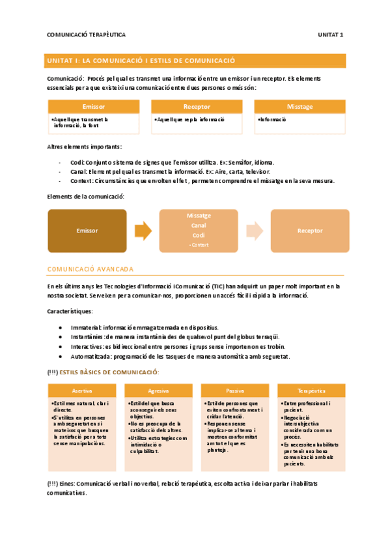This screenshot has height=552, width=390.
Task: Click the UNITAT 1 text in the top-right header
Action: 331,34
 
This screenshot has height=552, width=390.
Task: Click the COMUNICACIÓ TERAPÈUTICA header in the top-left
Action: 87,34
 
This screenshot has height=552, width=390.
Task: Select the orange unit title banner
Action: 195,61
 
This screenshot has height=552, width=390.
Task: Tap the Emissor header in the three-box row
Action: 94,106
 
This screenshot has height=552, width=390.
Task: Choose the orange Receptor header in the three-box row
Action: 197,106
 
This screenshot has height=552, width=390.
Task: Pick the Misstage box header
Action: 299,106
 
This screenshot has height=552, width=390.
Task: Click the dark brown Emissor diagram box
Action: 87,230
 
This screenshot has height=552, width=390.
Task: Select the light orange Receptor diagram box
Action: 310,230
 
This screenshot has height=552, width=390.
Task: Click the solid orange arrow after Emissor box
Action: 143,230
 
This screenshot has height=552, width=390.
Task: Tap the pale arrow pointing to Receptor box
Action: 255,230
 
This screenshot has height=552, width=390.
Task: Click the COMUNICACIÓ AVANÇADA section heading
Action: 91,268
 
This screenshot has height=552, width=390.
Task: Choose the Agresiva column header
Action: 158,390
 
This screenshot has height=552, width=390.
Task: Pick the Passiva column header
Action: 234,390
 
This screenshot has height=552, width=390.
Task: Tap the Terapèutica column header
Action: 311,390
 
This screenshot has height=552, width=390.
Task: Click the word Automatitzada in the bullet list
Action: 91,356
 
